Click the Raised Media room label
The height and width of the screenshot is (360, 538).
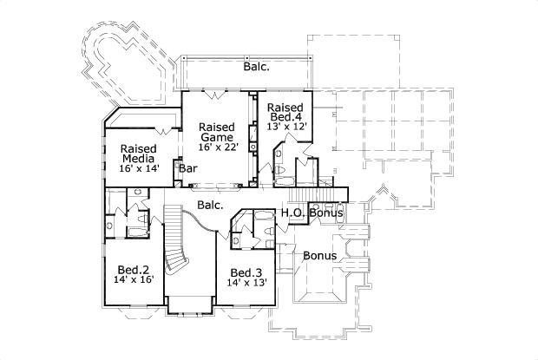coord(138,154)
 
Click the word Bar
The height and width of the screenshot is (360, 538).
coord(188,169)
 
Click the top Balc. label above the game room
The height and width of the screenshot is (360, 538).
coord(256,66)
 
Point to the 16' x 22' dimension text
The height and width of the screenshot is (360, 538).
coord(216,148)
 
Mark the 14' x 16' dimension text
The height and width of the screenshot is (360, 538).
coord(132,281)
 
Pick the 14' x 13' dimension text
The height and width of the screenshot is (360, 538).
coord(247,282)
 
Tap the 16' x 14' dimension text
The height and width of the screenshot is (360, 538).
coord(138,170)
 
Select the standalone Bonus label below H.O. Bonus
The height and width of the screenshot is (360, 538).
coord(319,256)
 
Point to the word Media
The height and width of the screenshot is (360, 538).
coord(138,159)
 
